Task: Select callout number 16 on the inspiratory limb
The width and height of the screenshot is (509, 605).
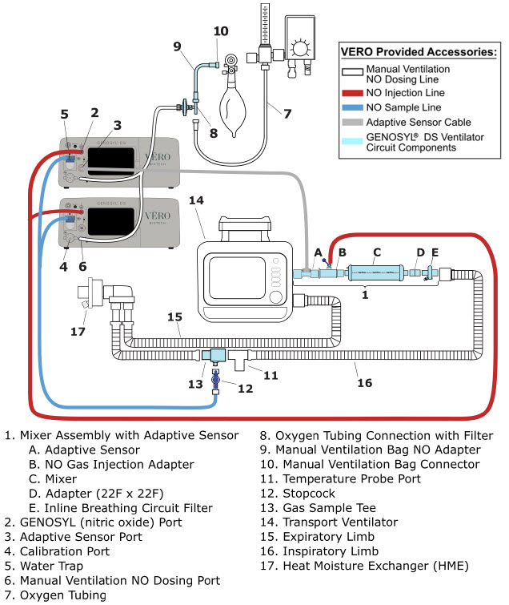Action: pos(364,383)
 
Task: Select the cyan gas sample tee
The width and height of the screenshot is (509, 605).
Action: pos(212,354)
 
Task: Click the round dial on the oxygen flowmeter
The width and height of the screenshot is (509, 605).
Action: pos(303,47)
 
